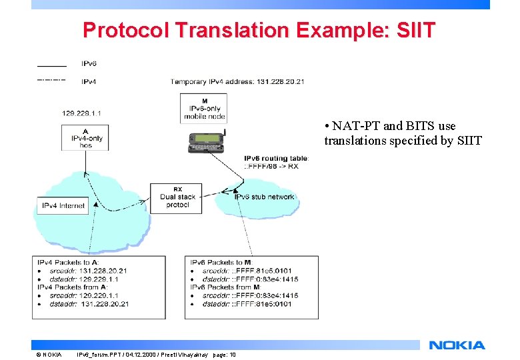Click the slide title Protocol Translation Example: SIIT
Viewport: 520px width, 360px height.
point(259,30)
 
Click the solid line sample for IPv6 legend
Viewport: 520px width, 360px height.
point(51,66)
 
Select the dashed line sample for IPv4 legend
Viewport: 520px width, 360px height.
point(51,80)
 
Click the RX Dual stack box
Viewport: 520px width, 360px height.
point(177,197)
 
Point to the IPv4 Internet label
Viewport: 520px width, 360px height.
point(63,206)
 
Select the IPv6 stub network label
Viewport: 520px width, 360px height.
point(264,197)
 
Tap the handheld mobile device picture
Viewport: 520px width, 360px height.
point(205,139)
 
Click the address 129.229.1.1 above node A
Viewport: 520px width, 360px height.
point(81,113)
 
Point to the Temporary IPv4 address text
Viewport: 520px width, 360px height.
point(237,82)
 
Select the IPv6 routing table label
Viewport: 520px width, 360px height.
point(276,158)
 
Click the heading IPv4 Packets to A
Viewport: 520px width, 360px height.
point(65,263)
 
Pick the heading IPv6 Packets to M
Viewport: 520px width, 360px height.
point(220,263)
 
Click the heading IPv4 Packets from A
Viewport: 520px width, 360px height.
point(69,287)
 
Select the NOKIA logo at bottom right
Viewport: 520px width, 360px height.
point(457,345)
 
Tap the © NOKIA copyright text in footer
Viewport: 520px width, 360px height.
point(49,355)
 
